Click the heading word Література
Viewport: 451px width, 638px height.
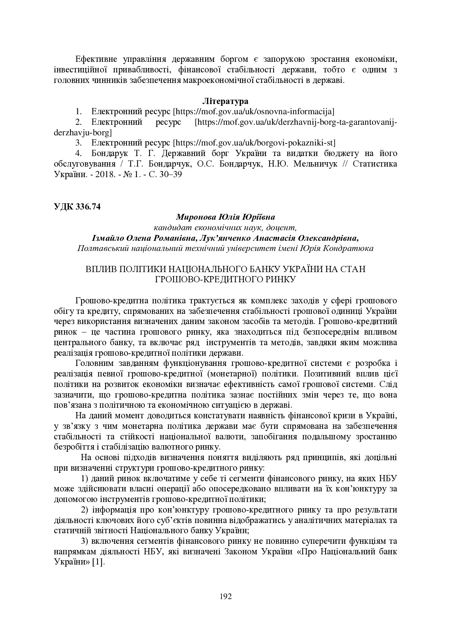[225, 101]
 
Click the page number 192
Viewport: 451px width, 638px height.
[226, 596]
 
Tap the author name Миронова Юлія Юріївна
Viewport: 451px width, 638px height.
[225, 217]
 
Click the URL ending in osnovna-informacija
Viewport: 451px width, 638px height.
[254, 111]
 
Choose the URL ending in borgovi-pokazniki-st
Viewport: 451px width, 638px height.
[254, 142]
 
